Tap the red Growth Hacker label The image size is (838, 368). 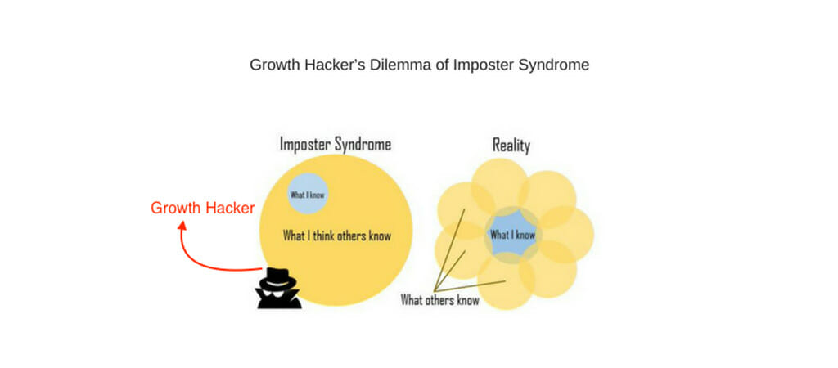pyautogui.click(x=203, y=209)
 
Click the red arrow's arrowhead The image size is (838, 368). pyautogui.click(x=182, y=227)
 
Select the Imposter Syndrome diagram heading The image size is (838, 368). pyautogui.click(x=336, y=144)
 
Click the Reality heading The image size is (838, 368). pyautogui.click(x=511, y=146)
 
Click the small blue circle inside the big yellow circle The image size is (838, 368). pyautogui.click(x=308, y=194)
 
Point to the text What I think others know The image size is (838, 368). pyautogui.click(x=336, y=236)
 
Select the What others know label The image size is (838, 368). pyautogui.click(x=439, y=300)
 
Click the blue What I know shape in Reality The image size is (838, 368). pyautogui.click(x=512, y=235)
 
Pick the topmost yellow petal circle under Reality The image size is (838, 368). pyautogui.click(x=499, y=187)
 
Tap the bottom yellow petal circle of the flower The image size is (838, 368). pyautogui.click(x=506, y=281)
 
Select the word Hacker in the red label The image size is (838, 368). pyautogui.click(x=229, y=209)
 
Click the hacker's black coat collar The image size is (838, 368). pyautogui.click(x=279, y=299)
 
